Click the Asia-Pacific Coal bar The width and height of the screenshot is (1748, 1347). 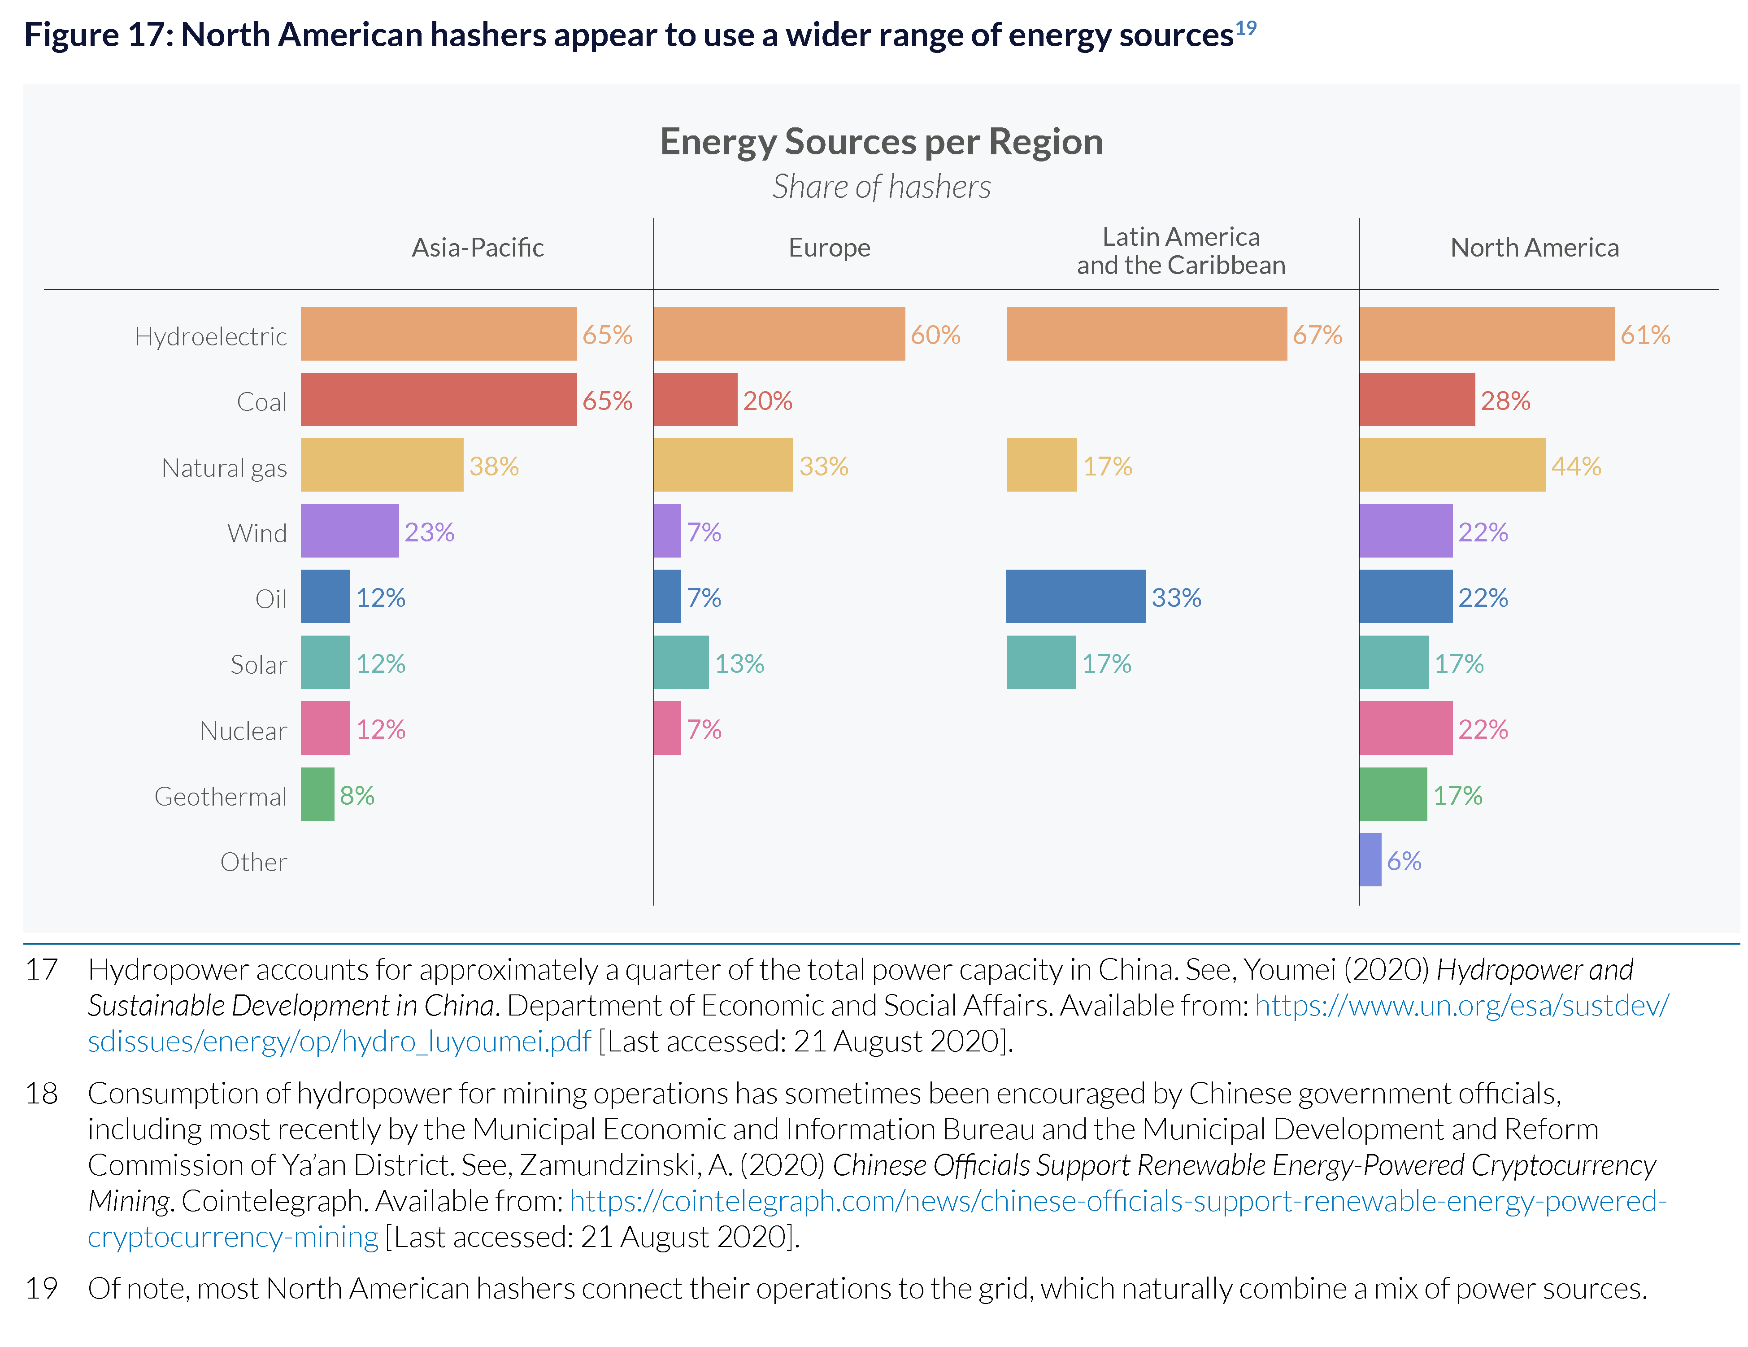click(x=439, y=399)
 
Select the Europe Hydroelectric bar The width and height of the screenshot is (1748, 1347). click(x=779, y=334)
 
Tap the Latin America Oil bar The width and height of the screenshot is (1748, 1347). click(x=1076, y=596)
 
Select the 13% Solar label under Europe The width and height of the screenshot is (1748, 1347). click(x=739, y=663)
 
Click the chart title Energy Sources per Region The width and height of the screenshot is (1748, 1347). click(x=881, y=142)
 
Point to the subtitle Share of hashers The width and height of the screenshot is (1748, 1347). click(x=881, y=187)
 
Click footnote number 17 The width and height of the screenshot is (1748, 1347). click(x=42, y=969)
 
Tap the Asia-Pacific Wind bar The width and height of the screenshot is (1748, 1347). click(x=350, y=531)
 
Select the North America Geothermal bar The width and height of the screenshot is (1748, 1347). click(x=1393, y=794)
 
